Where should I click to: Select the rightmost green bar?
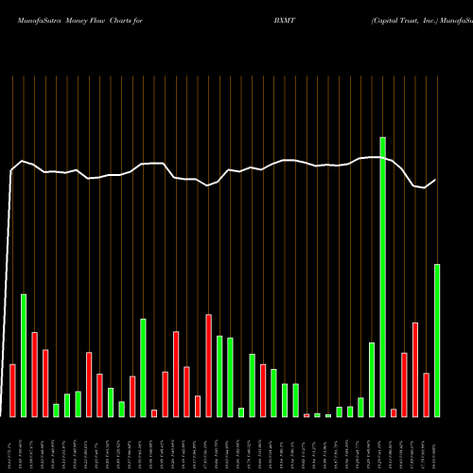(437, 341)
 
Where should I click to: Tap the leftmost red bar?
(13, 390)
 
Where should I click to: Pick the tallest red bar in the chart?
(209, 365)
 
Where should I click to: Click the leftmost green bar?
(24, 356)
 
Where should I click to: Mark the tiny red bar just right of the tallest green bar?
(394, 412)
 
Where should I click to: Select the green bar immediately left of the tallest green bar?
(372, 379)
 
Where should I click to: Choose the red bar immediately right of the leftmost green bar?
(35, 375)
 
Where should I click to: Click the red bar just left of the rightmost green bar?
(426, 394)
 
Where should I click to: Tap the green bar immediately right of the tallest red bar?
(219, 377)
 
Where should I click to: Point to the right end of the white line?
(435, 180)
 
